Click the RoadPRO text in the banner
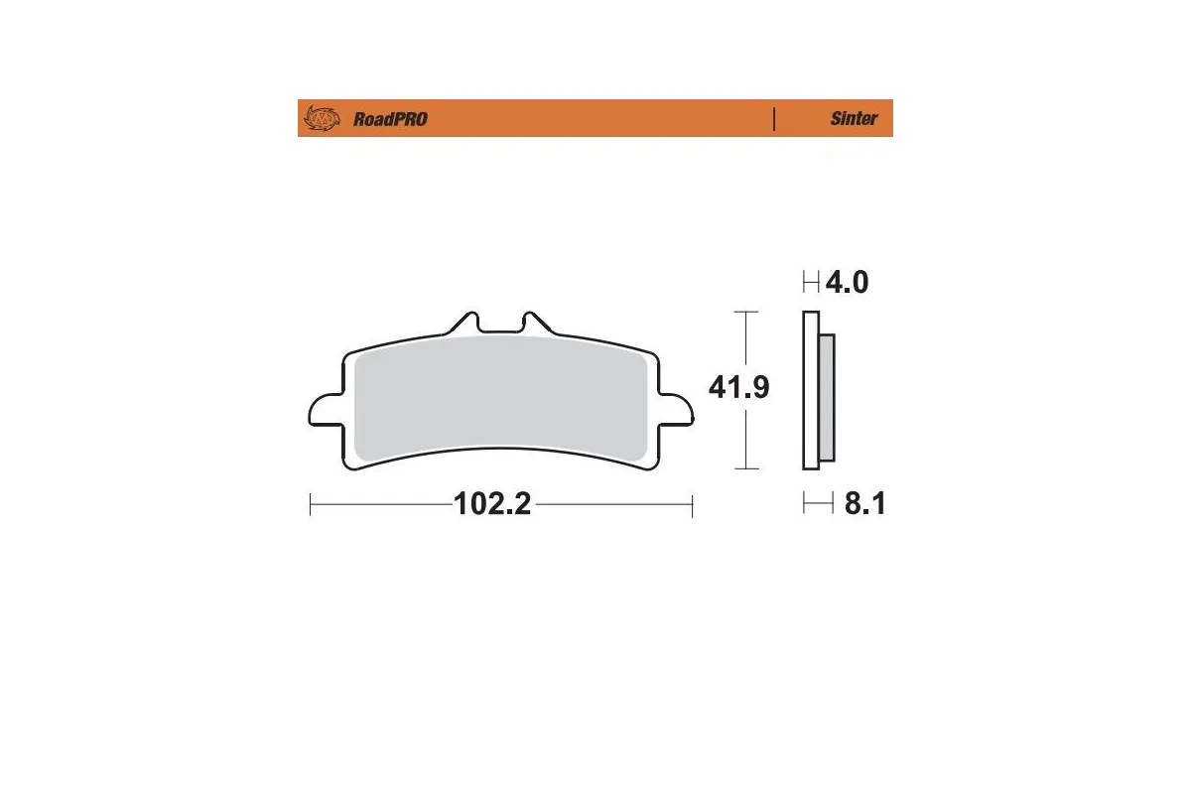click(x=390, y=119)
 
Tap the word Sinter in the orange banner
click(x=854, y=119)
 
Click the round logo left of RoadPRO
click(x=321, y=119)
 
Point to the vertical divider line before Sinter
click(x=773, y=118)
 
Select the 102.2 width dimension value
click(x=493, y=505)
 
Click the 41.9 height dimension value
click(x=738, y=388)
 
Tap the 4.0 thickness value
click(x=847, y=283)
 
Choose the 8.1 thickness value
click(x=863, y=505)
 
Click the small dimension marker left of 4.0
click(x=811, y=284)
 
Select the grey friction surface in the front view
click(x=501, y=397)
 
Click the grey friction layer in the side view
click(x=827, y=397)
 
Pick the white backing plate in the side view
click(x=810, y=397)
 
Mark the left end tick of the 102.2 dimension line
click(x=311, y=505)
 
